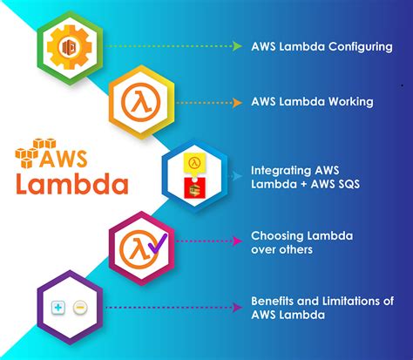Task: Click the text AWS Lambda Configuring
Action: [321, 46]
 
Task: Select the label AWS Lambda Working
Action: [312, 101]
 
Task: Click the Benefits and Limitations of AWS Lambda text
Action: [322, 307]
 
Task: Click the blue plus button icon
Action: [58, 308]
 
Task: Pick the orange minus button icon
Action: [79, 308]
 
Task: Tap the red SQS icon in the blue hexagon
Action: [197, 186]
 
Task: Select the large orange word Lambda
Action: [72, 184]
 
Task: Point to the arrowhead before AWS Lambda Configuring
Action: [237, 46]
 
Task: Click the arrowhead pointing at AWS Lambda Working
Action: [237, 101]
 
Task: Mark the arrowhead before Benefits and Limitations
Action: [237, 307]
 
